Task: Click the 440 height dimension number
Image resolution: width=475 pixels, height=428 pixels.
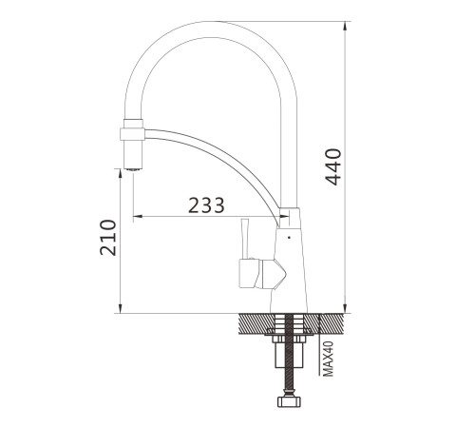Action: click(x=333, y=166)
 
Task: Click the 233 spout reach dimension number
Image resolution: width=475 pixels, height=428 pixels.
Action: click(x=206, y=205)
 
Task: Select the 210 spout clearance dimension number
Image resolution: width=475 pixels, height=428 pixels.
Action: click(x=108, y=238)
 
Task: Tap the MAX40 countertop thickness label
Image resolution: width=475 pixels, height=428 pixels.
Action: click(x=329, y=359)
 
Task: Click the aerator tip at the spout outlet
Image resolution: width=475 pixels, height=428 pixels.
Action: click(x=133, y=169)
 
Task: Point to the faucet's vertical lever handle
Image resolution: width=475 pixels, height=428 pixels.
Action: click(x=245, y=239)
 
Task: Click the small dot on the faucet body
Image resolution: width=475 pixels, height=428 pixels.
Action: click(x=289, y=237)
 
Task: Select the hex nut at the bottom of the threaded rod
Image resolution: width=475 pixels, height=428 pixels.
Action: click(x=289, y=401)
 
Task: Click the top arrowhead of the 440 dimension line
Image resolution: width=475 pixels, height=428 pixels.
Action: click(x=345, y=26)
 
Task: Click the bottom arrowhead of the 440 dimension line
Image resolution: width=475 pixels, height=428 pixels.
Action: click(x=345, y=308)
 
